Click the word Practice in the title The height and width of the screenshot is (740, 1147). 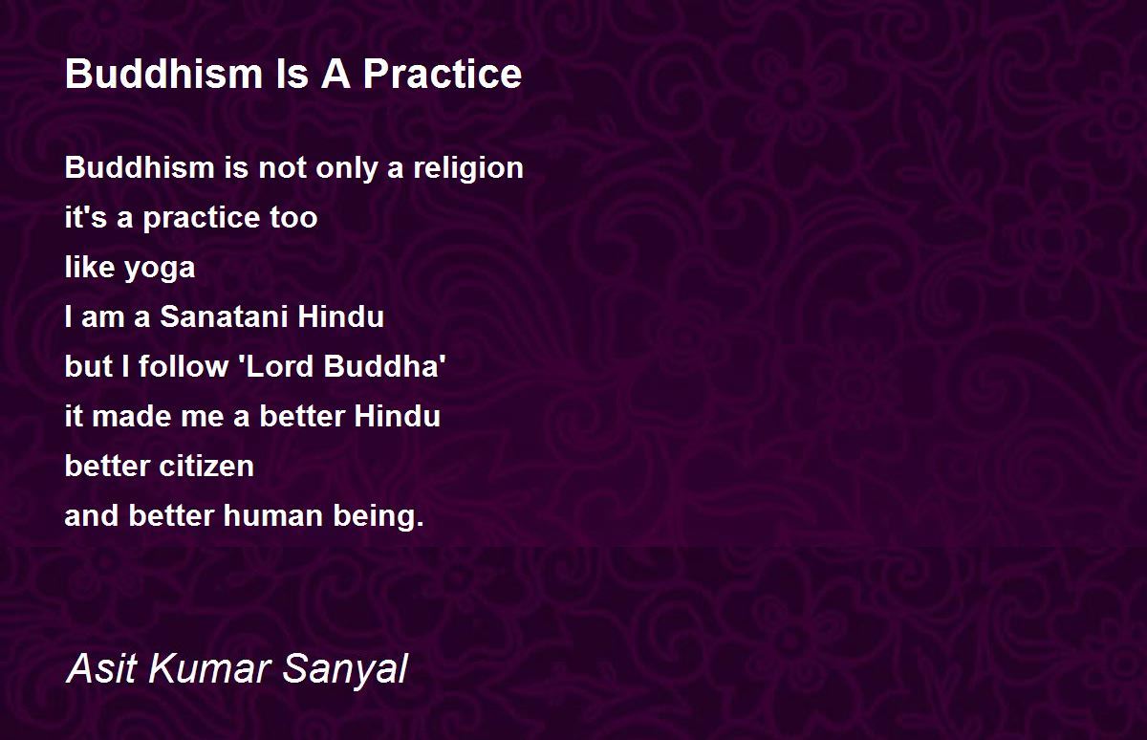click(443, 74)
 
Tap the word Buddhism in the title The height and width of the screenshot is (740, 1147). click(163, 74)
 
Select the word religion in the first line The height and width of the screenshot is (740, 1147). click(468, 169)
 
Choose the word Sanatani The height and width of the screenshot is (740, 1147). click(224, 316)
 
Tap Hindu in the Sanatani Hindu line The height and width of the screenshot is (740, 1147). click(340, 316)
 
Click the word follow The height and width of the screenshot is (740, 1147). click(184, 366)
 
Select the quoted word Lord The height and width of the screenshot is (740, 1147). click(276, 366)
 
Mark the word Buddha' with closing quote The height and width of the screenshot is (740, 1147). click(384, 366)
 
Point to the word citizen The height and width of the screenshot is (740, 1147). click(206, 466)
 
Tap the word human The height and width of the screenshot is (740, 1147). click(273, 515)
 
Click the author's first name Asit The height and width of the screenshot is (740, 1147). click(102, 668)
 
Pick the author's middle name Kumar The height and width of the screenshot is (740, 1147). click(210, 668)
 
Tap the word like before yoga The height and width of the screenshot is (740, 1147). click(90, 267)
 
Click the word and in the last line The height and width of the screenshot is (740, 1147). click(92, 515)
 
